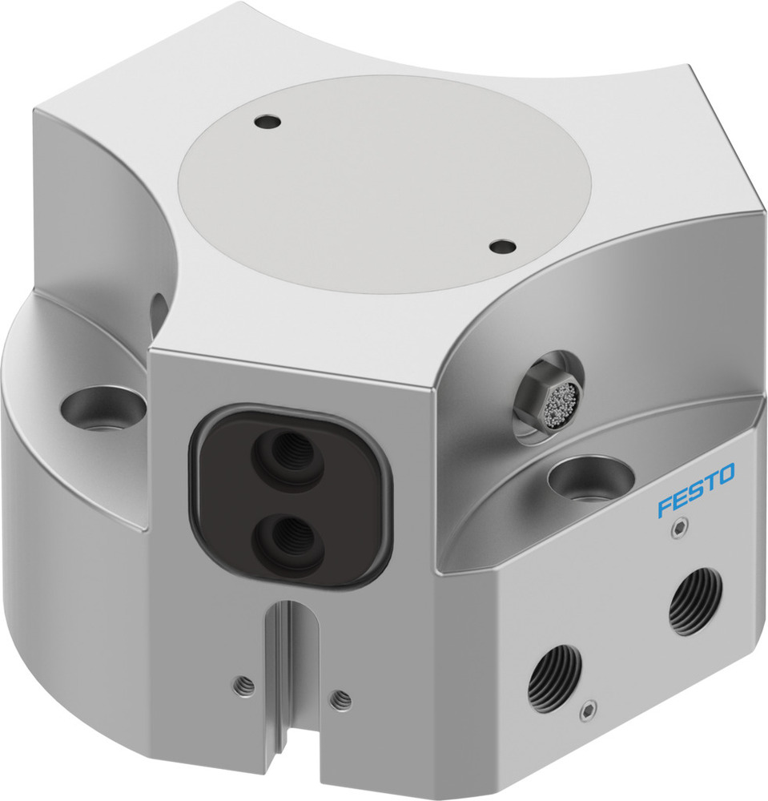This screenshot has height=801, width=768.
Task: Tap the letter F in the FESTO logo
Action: (664, 507)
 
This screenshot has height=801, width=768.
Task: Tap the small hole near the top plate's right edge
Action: (502, 247)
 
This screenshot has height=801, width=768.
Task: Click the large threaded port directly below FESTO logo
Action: (695, 601)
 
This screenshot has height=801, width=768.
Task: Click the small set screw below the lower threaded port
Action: (589, 710)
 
